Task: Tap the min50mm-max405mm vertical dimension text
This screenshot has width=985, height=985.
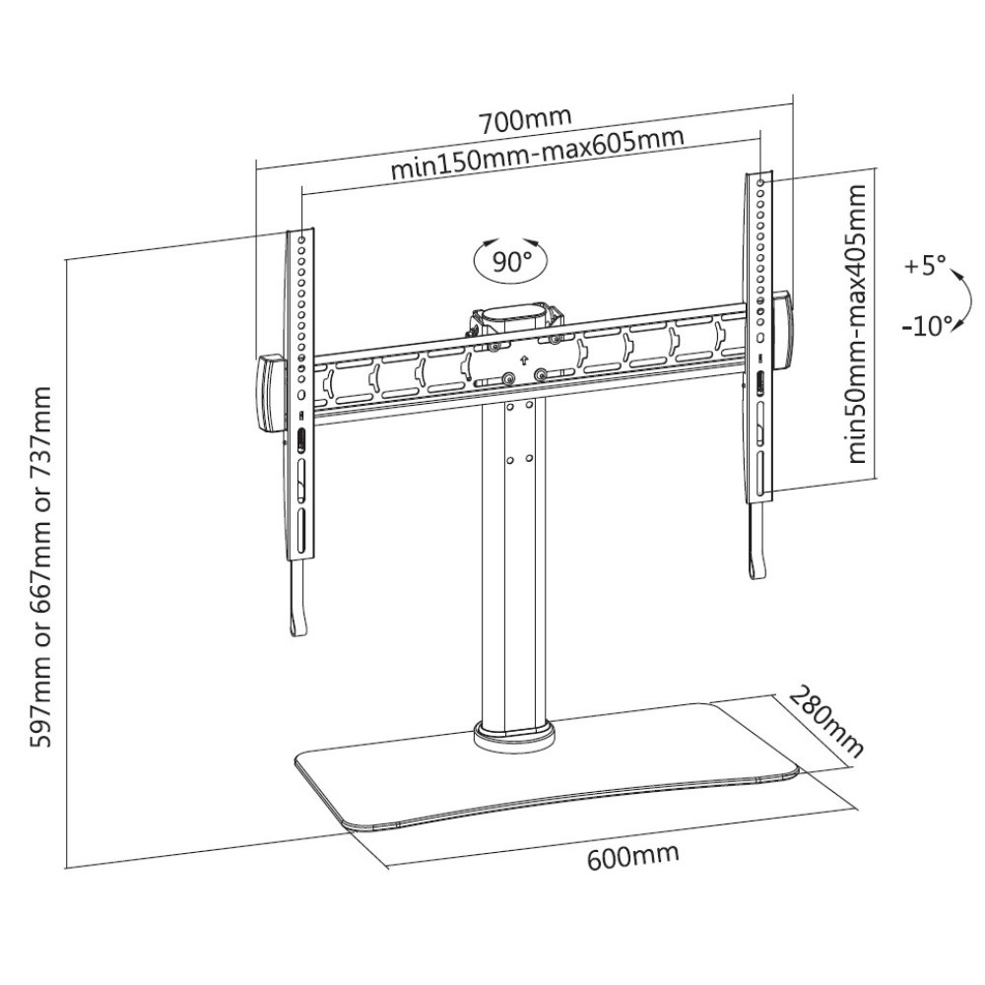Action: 857,323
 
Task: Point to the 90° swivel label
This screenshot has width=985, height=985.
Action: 510,260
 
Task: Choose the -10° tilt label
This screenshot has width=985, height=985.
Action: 927,326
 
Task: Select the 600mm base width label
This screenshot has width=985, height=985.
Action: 633,856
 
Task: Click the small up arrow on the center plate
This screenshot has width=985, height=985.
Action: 523,361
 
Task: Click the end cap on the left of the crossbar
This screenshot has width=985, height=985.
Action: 269,393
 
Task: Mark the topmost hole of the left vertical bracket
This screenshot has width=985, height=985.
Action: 301,239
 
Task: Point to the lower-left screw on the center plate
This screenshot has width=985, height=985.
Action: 508,378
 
